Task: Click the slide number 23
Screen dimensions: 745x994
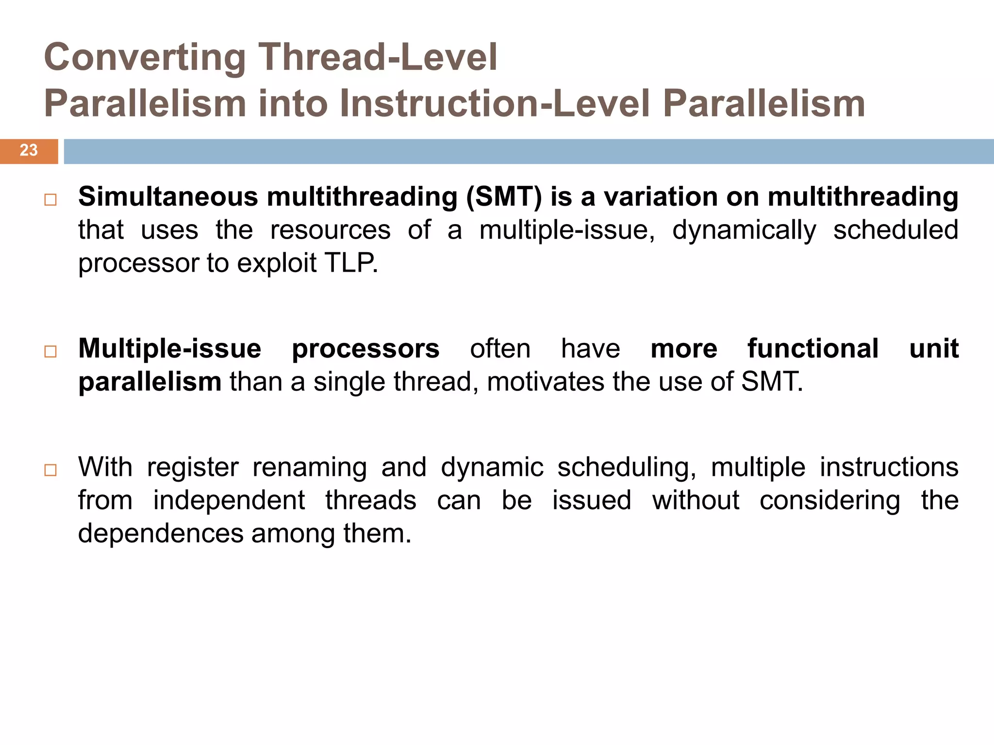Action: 29,150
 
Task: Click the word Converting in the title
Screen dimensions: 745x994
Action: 145,58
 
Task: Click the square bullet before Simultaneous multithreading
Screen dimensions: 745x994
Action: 50,200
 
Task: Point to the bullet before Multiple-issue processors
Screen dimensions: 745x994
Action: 50,352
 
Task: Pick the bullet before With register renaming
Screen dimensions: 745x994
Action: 50,470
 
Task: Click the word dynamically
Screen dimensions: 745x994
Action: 744,231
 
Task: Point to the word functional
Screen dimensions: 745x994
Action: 813,349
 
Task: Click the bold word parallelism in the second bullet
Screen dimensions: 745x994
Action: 150,382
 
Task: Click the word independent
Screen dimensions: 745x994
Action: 229,501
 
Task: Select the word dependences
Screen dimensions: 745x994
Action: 161,534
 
